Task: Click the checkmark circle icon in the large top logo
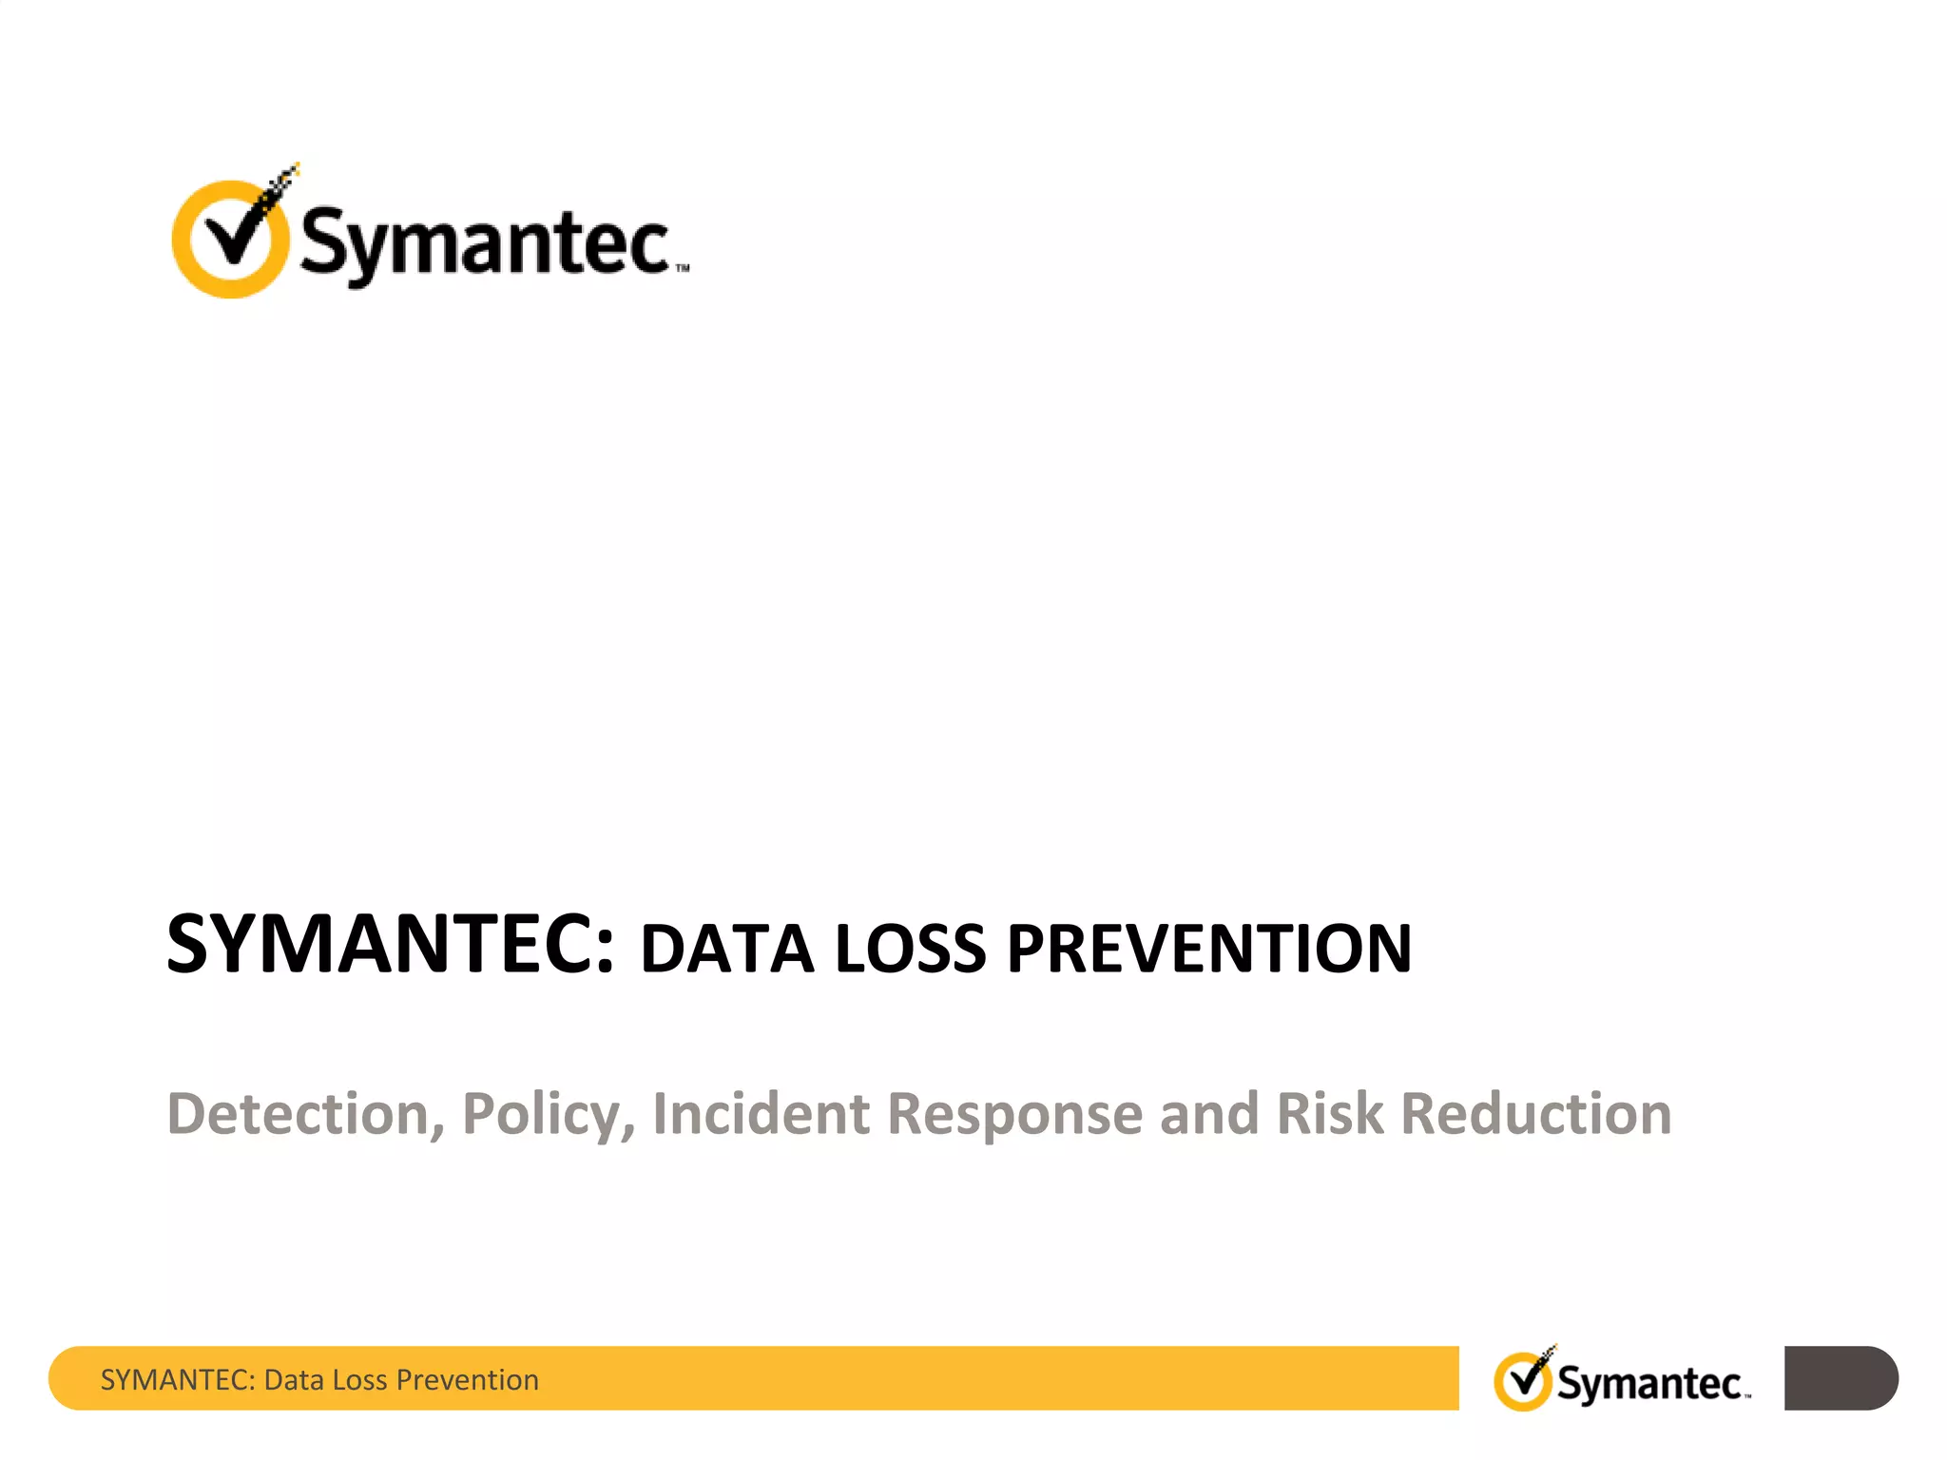pos(231,238)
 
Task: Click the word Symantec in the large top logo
pos(485,242)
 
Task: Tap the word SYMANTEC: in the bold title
pos(391,945)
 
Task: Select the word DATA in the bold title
pos(727,950)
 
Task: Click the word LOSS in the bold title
pos(911,950)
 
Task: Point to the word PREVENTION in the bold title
pos(1209,950)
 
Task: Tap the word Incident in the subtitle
pos(761,1113)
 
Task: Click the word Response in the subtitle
pos(1014,1115)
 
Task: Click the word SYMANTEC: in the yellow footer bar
pos(178,1380)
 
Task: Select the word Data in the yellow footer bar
pos(294,1380)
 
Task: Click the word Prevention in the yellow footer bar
pos(467,1380)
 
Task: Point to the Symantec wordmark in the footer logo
pos(1650,1384)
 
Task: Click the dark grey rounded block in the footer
pos(1840,1378)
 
